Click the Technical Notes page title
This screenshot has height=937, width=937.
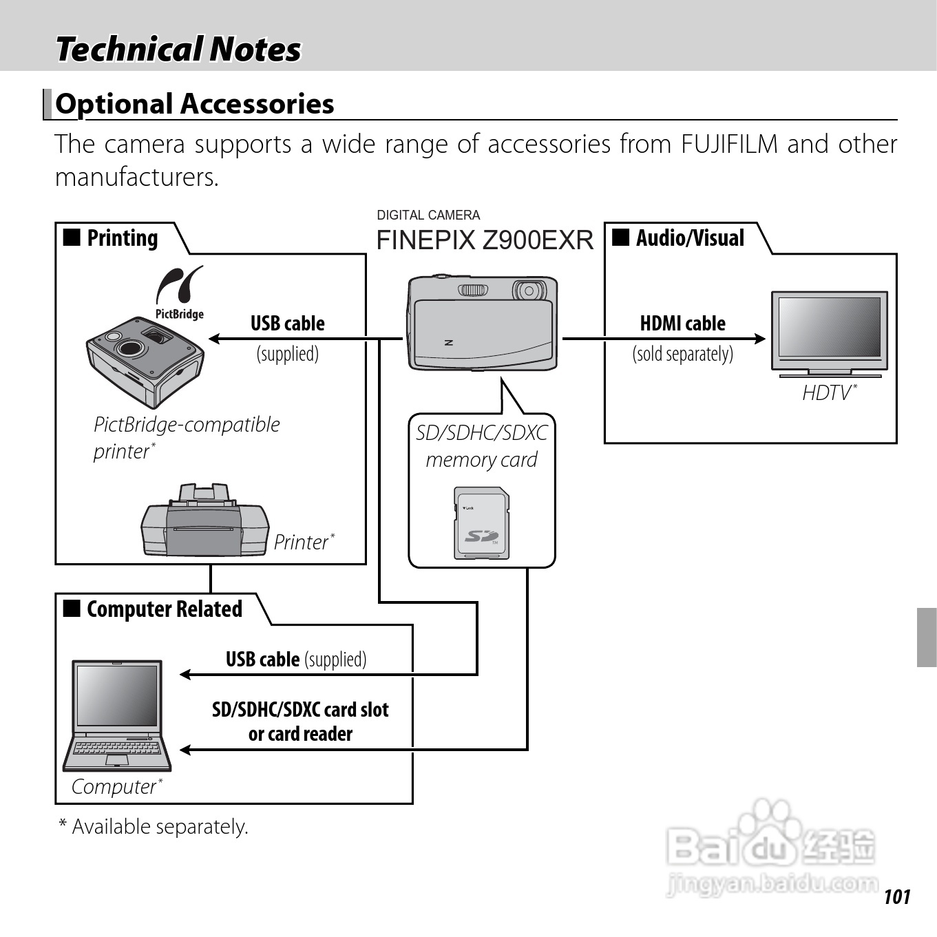(x=178, y=50)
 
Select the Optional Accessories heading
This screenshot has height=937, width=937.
(x=195, y=104)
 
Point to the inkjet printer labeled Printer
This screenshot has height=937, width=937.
(x=204, y=522)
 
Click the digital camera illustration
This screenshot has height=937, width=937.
(x=482, y=324)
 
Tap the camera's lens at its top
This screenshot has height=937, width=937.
(x=529, y=291)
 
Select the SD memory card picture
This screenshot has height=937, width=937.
(x=482, y=523)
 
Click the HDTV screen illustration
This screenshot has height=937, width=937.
(x=829, y=327)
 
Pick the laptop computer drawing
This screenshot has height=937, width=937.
(x=118, y=716)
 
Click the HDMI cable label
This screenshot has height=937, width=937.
(x=682, y=324)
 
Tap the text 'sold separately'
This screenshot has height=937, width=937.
(x=682, y=354)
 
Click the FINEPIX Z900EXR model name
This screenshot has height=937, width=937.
(x=484, y=240)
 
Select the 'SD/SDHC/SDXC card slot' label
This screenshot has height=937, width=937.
(x=300, y=710)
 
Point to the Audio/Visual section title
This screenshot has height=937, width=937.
(x=689, y=238)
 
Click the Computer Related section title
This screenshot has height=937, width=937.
(x=164, y=609)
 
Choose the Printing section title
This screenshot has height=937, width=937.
(x=122, y=238)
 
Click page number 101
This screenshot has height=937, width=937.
(x=896, y=896)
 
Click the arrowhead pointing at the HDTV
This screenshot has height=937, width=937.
(x=759, y=338)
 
